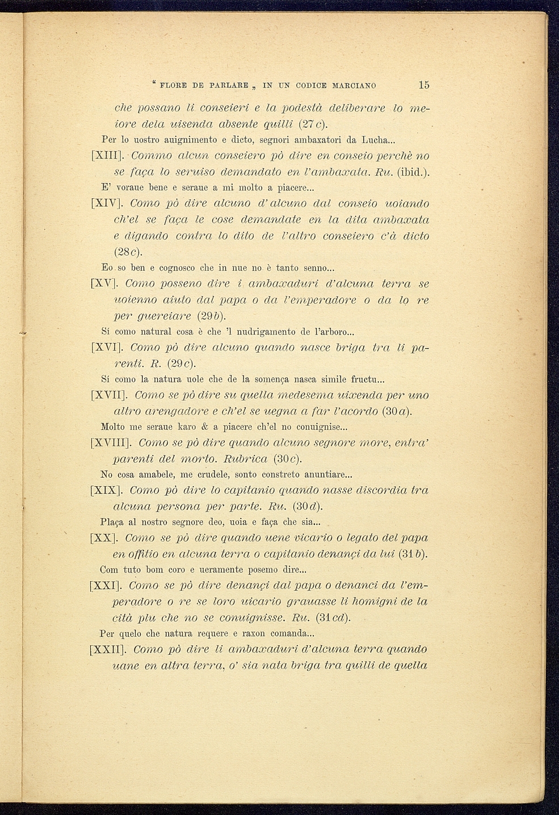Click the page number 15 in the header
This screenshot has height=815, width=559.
point(424,85)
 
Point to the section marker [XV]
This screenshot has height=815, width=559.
point(104,283)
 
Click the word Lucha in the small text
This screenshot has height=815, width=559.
point(375,139)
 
